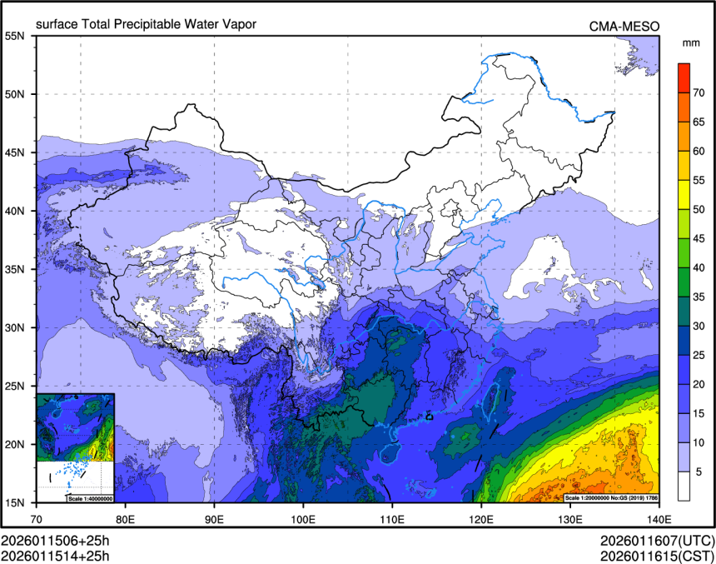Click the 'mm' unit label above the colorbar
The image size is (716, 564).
pos(690,42)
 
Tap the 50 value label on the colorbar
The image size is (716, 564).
pos(699,209)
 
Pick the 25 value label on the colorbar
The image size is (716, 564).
pos(699,355)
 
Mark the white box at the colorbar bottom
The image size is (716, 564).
pos(684,486)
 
